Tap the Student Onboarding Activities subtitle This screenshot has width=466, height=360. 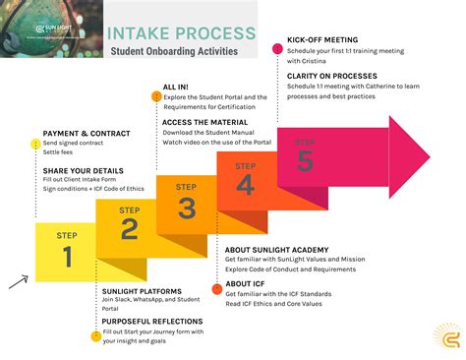pos(173,50)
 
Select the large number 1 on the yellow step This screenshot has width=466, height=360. pos(68,257)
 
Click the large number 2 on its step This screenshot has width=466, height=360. pos(129,229)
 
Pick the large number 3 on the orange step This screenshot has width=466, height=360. pos(187,207)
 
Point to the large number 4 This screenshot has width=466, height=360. pos(246,184)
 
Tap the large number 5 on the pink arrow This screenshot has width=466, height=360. pos(305,161)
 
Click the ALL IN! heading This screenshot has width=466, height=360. pos(177,89)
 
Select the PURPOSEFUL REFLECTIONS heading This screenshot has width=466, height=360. pos(152,322)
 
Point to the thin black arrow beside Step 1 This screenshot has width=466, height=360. pos(18,281)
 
